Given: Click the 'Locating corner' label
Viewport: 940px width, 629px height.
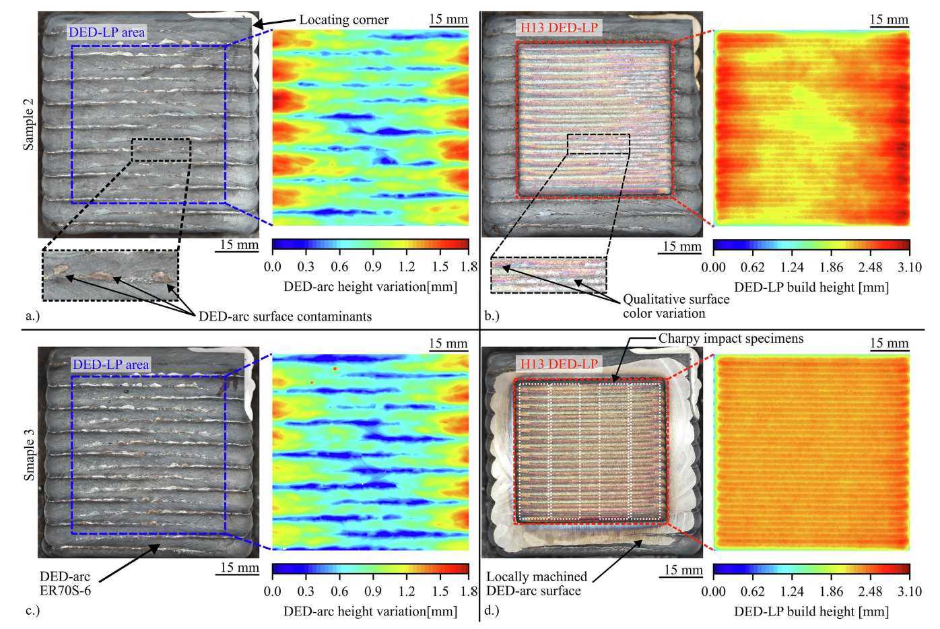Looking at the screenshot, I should tap(343, 20).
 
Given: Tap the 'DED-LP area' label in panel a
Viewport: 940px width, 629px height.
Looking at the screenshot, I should tap(106, 32).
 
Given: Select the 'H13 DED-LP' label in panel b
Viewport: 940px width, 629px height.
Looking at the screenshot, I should tap(559, 28).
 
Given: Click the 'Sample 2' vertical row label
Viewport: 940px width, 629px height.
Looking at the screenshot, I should tap(28, 125).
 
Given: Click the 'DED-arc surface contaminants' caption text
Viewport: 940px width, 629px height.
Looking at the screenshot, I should tap(285, 317).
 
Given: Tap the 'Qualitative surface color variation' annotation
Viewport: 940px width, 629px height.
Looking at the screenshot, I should tap(675, 306).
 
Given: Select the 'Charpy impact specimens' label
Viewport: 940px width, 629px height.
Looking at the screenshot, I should tap(731, 339).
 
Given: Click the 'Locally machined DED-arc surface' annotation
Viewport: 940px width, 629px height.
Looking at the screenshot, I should tap(536, 584).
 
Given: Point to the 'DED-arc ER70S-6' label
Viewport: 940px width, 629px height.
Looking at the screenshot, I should tap(65, 584).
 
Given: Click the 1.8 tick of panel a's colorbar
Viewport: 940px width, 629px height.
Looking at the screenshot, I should tap(469, 267).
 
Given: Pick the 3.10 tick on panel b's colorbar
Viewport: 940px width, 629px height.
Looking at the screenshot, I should tap(909, 267).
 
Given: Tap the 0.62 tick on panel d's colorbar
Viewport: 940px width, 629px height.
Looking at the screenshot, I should tap(752, 591).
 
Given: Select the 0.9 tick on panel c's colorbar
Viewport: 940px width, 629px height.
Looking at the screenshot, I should tap(373, 591).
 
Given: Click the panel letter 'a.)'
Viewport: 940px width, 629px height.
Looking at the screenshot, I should tap(32, 316).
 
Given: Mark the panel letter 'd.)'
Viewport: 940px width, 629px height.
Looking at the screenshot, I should tap(492, 611).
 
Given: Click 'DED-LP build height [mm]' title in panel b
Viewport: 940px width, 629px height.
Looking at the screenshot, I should tap(811, 287).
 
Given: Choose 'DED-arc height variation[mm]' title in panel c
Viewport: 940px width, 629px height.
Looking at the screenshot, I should tap(370, 611).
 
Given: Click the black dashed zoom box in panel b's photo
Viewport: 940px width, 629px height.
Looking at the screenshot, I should tap(598, 144).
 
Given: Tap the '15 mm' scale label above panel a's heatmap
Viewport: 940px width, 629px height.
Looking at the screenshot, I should tap(448, 19).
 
